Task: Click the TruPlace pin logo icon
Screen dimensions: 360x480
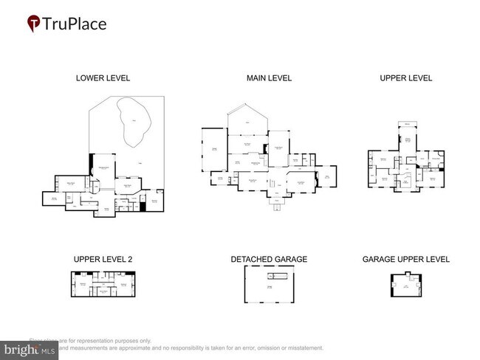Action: coord(33,24)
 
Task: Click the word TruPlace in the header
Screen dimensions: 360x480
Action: coord(75,24)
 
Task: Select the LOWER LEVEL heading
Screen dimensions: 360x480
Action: coord(103,77)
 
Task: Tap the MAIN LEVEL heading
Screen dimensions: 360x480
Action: coord(269,77)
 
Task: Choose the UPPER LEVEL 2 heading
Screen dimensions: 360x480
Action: coord(103,259)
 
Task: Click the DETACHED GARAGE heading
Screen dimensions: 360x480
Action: coord(269,259)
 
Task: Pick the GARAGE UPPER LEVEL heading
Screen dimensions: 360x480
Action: coord(405,259)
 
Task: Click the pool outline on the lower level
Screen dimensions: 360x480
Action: coord(133,125)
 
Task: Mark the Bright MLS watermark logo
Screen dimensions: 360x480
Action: coord(30,347)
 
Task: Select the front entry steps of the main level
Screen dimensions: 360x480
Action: coord(275,207)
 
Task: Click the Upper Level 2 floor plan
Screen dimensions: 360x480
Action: coord(103,285)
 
